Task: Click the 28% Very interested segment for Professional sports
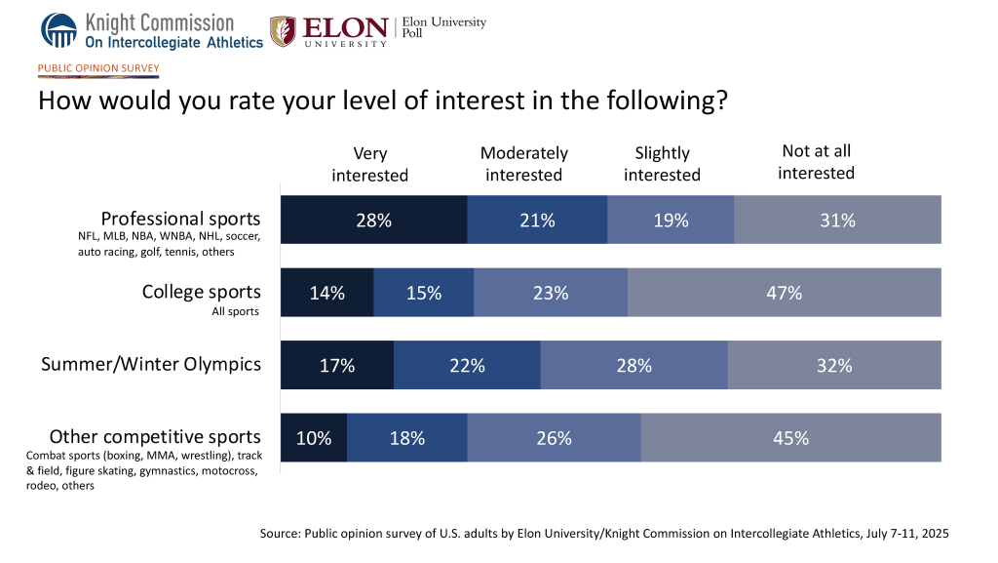point(373,220)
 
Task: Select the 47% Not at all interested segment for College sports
point(784,293)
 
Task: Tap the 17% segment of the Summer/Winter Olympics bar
point(336,366)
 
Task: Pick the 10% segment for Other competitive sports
point(314,438)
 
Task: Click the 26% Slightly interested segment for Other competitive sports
point(554,438)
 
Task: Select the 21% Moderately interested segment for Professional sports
point(537,220)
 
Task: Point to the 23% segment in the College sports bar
point(550,293)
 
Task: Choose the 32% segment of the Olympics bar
point(834,366)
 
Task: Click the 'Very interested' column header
point(369,164)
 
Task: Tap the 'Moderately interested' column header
point(524,164)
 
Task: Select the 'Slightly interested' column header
point(662,164)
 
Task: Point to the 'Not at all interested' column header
point(816,162)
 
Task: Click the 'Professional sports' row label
point(181,219)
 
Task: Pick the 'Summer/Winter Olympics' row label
point(151,364)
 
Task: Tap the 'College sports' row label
point(201,292)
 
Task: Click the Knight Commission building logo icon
point(58,30)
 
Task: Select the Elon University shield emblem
point(284,30)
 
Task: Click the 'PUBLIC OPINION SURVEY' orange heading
point(97,68)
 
